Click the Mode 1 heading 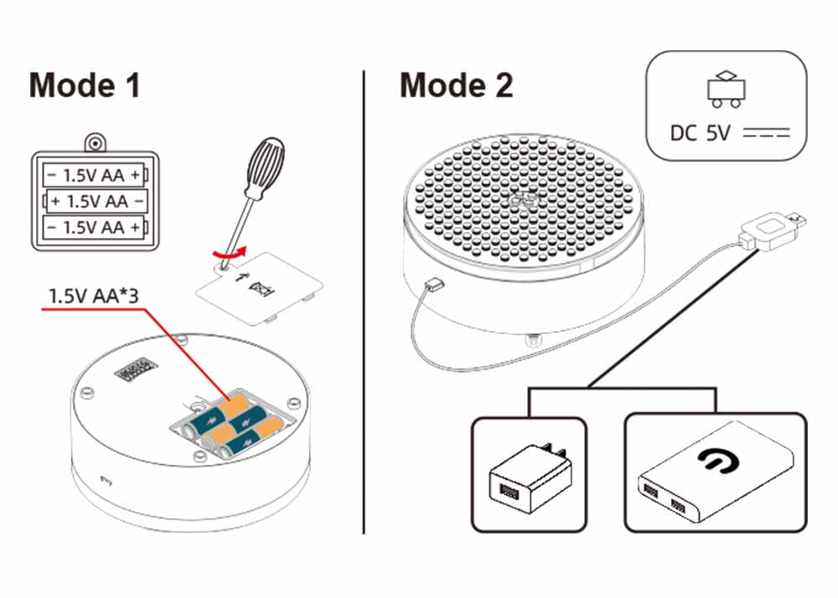click(85, 85)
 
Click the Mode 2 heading click(456, 85)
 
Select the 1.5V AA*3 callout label click(91, 296)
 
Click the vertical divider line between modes click(364, 302)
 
